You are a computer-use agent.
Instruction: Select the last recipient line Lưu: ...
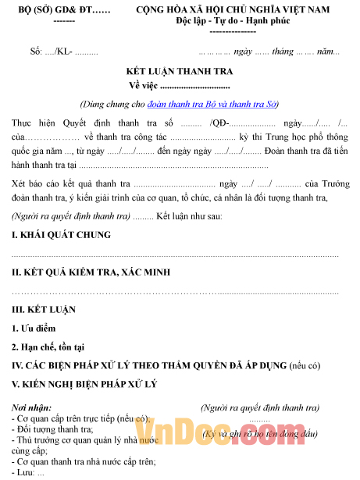(x=29, y=472)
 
